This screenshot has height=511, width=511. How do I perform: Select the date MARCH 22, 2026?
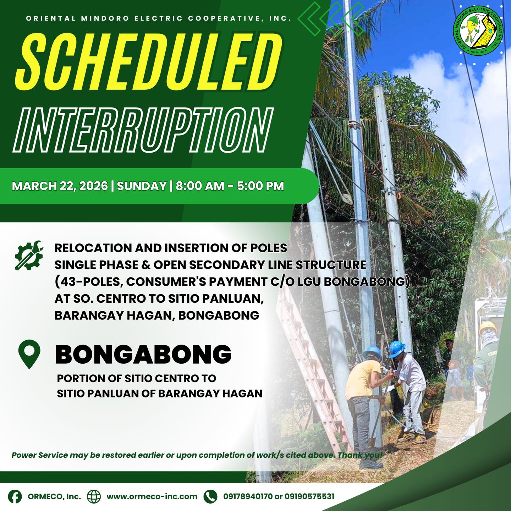tap(60, 186)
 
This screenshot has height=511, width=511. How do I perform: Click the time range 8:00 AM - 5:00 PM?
tap(230, 186)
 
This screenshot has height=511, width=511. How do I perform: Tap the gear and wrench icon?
tap(29, 255)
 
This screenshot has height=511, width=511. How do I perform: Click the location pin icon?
tap(29, 354)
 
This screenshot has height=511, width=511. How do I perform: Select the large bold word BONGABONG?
tap(143, 354)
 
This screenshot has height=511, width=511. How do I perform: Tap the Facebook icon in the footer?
tap(15, 496)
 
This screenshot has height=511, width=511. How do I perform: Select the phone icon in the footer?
tap(210, 496)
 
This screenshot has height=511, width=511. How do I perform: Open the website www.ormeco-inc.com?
tap(152, 496)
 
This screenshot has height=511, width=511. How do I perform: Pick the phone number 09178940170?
tap(248, 496)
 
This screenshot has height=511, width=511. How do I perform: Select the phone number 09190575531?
tap(309, 496)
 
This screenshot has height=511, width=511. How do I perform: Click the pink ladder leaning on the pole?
tap(315, 369)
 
